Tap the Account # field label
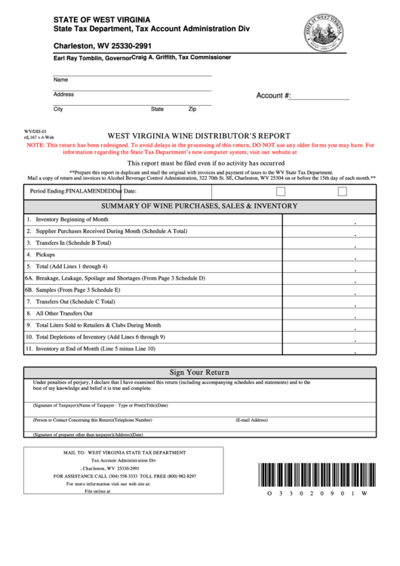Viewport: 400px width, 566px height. pyautogui.click(x=274, y=96)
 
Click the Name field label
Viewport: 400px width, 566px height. pyautogui.click(x=60, y=79)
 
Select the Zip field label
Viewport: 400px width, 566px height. pyautogui.click(x=192, y=109)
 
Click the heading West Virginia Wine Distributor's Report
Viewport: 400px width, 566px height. pyautogui.click(x=199, y=136)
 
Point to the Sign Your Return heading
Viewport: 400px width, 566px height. pyautogui.click(x=199, y=373)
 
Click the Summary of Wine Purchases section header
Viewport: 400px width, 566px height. pyautogui.click(x=199, y=206)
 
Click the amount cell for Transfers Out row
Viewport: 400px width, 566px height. pyautogui.click(x=328, y=302)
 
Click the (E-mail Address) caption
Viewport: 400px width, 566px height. pyautogui.click(x=252, y=419)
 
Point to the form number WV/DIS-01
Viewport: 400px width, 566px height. pyautogui.click(x=35, y=131)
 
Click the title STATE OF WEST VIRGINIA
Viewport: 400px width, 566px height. pyautogui.click(x=101, y=18)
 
